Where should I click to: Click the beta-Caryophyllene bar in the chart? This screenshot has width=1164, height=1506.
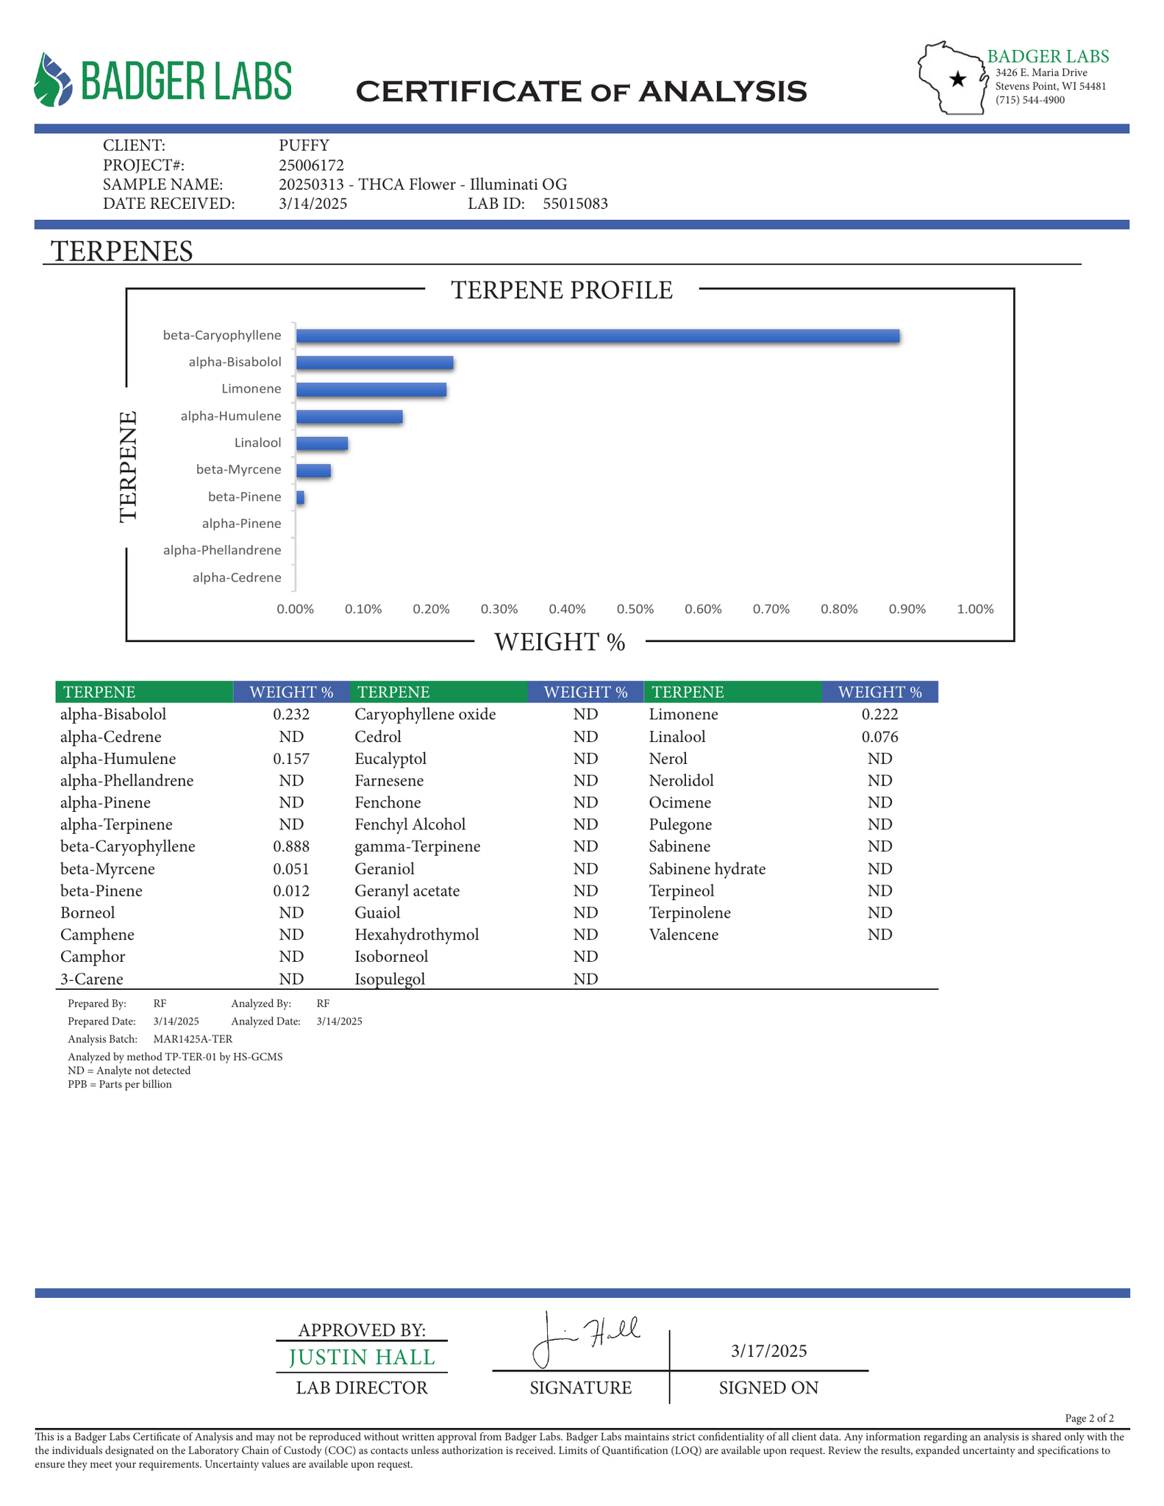(597, 336)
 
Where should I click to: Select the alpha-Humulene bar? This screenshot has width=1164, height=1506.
(349, 417)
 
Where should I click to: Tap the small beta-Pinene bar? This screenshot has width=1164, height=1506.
(300, 498)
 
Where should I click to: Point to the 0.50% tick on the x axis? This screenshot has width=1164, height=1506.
(635, 610)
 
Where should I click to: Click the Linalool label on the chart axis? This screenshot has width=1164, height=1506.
(257, 443)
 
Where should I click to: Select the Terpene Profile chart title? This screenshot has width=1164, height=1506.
(562, 290)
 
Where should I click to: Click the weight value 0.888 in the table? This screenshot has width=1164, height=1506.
(291, 846)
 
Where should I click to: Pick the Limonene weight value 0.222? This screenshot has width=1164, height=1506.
(879, 714)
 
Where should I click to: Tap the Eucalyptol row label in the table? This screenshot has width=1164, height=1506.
(390, 758)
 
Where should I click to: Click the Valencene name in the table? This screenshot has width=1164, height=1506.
(683, 935)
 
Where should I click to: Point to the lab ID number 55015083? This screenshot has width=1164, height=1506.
(575, 204)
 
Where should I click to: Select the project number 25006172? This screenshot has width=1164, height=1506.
(311, 165)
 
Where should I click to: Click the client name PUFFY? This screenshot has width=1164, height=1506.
(304, 145)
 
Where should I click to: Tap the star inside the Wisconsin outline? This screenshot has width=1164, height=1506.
(957, 79)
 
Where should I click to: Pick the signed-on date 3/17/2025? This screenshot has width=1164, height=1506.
(768, 1351)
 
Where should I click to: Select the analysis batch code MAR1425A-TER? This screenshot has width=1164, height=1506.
(193, 1039)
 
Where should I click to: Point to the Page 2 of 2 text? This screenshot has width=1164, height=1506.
(1089, 1418)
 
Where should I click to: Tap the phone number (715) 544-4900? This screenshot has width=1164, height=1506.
(1029, 100)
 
